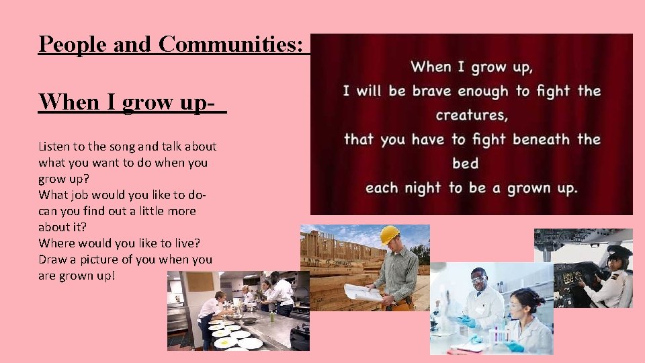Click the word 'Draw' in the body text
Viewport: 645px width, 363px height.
(53, 259)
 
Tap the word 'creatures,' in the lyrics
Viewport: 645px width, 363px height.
(472, 115)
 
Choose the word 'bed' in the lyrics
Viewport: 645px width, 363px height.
(465, 163)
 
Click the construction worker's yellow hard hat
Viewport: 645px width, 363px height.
(389, 235)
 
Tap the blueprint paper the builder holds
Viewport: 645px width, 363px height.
(363, 291)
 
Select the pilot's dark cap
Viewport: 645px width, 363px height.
(618, 251)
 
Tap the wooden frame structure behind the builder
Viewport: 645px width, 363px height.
(329, 259)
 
